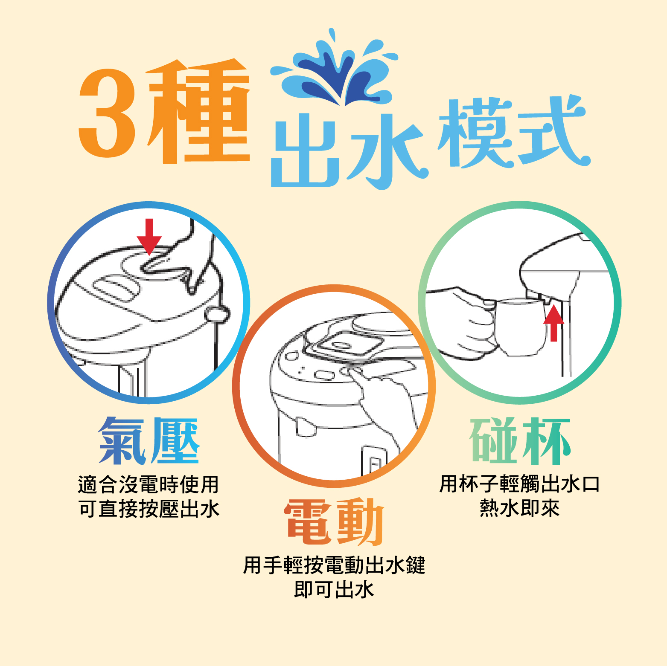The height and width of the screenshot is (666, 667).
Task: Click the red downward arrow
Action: pyautogui.click(x=149, y=237)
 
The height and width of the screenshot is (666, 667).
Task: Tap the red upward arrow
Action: pyautogui.click(x=553, y=323)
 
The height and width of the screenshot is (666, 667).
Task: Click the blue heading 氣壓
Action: pyautogui.click(x=149, y=440)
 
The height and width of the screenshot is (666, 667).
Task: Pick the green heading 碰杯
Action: pyautogui.click(x=520, y=441)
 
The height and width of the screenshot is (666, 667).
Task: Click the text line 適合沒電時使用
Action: pyautogui.click(x=149, y=484)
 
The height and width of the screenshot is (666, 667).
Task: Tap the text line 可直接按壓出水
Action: pyautogui.click(x=149, y=509)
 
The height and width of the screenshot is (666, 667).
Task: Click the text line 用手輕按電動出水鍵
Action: pyautogui.click(x=334, y=565)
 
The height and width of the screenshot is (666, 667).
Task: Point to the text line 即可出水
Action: pyautogui.click(x=334, y=590)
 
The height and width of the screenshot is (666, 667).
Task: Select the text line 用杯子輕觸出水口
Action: pyautogui.click(x=520, y=484)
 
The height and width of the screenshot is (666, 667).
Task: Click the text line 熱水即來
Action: pyautogui.click(x=520, y=508)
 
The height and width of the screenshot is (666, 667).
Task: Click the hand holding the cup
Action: pyautogui.click(x=463, y=322)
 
